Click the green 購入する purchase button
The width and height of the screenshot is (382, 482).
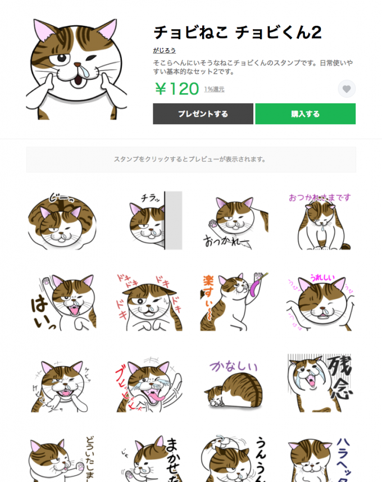[x=305, y=114]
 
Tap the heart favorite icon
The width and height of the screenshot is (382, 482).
[x=347, y=89]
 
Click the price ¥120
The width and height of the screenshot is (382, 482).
[x=176, y=89]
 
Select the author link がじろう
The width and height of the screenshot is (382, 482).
[x=164, y=50]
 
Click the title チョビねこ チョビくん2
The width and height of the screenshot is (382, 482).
[x=237, y=33]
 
